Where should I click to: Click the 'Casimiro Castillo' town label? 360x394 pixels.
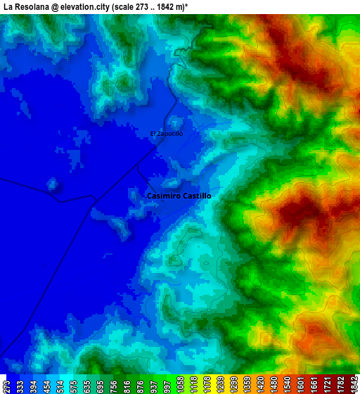click(x=179, y=196)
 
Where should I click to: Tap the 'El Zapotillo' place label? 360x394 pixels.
click(x=167, y=134)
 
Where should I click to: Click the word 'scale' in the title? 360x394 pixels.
click(x=134, y=6)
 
